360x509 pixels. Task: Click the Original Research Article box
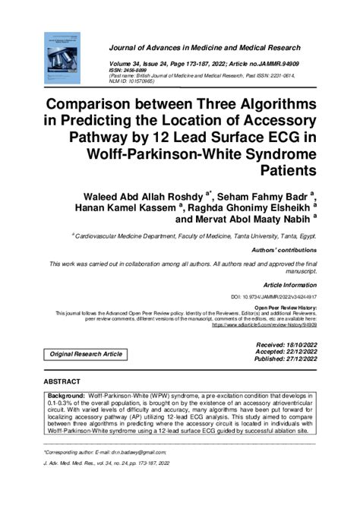86,355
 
